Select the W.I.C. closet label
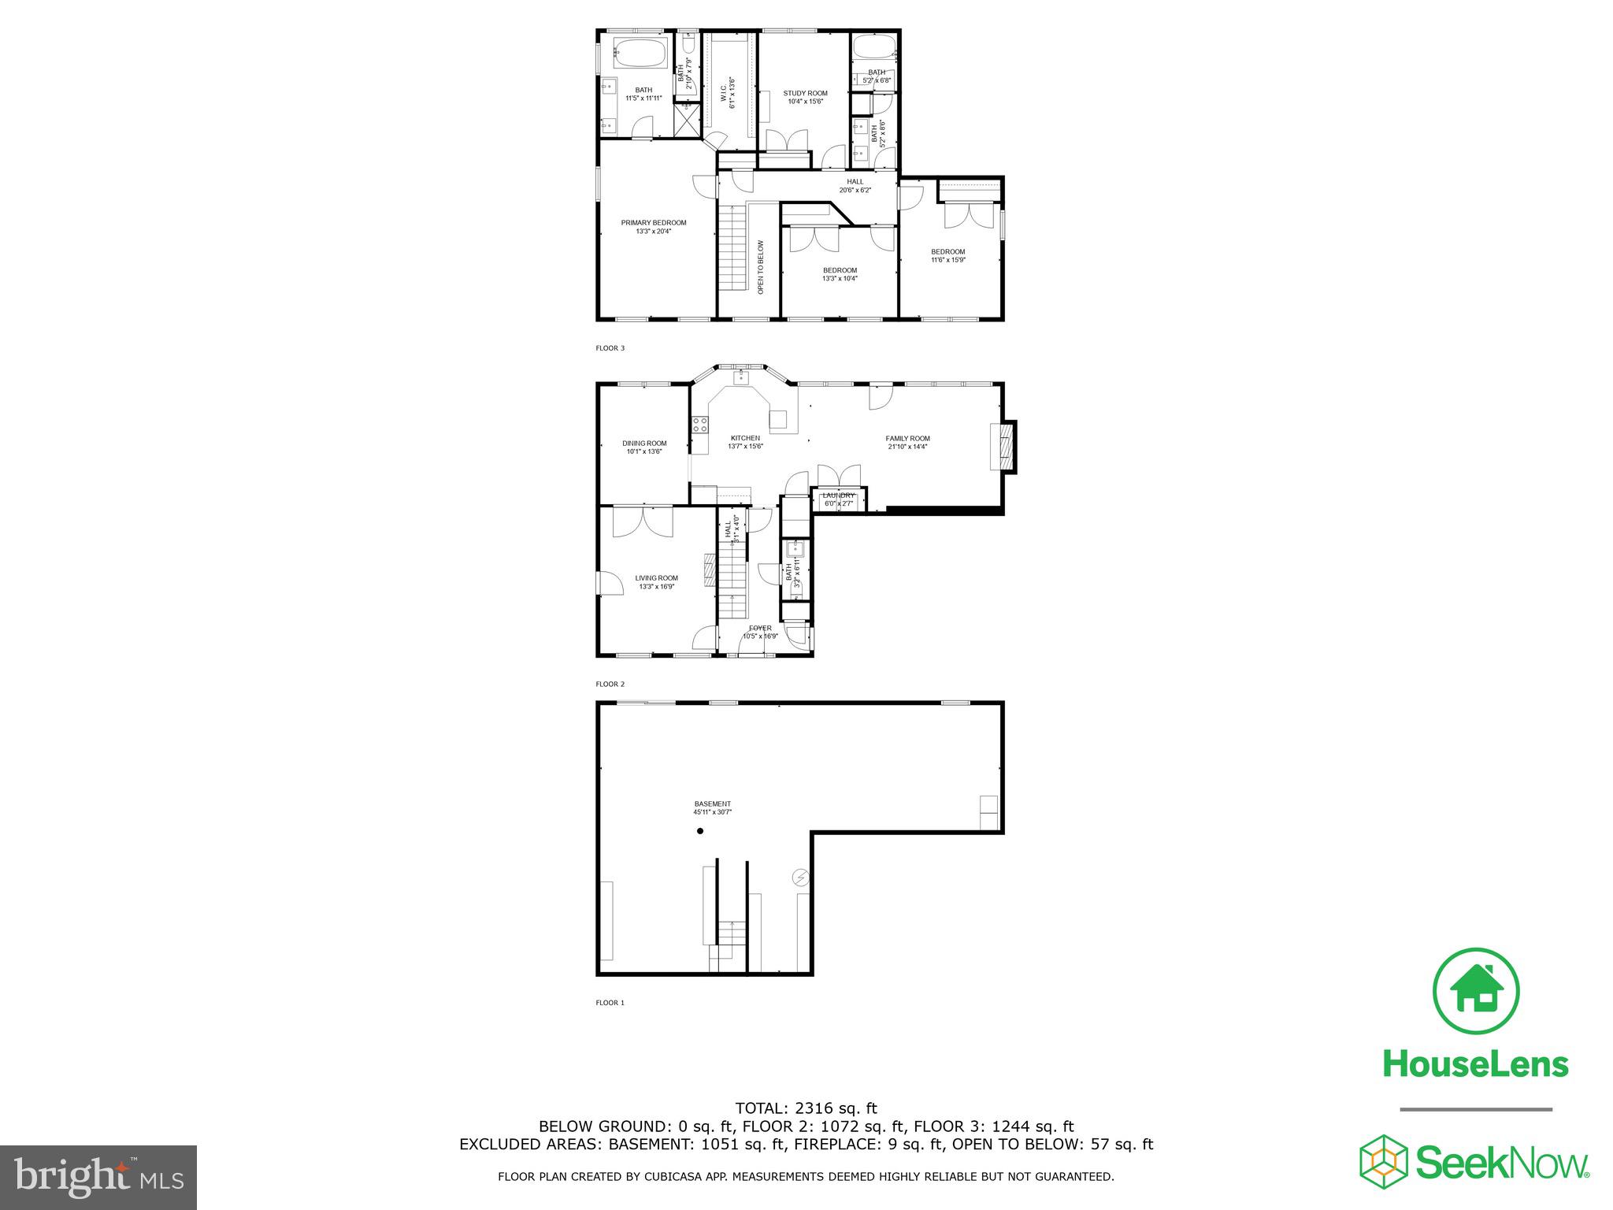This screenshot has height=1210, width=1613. [732, 93]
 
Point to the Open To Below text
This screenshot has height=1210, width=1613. [761, 267]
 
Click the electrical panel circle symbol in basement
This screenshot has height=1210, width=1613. [800, 877]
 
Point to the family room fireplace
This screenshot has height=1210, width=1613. [1003, 447]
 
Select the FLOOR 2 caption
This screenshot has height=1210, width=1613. [610, 684]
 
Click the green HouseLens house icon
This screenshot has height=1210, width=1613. [1475, 991]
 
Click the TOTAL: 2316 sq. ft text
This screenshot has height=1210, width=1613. [806, 1108]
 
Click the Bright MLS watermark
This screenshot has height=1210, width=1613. [98, 1177]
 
